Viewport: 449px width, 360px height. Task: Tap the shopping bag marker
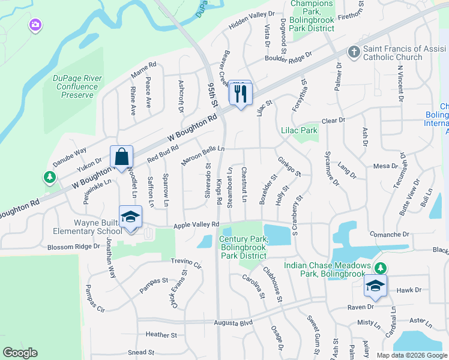[122, 157]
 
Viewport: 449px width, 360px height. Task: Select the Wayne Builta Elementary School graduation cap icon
[130, 217]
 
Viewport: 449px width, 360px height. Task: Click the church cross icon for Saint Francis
[354, 52]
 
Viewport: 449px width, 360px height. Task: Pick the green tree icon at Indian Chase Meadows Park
[379, 266]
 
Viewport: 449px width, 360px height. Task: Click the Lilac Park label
[299, 130]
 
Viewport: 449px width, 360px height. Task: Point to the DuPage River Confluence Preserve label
[77, 86]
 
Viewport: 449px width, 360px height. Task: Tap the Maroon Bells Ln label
[203, 154]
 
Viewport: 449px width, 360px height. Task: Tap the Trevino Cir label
[186, 262]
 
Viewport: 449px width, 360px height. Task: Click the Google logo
[20, 353]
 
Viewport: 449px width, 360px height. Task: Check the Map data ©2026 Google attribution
[412, 355]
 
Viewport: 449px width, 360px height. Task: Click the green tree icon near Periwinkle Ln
[49, 177]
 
